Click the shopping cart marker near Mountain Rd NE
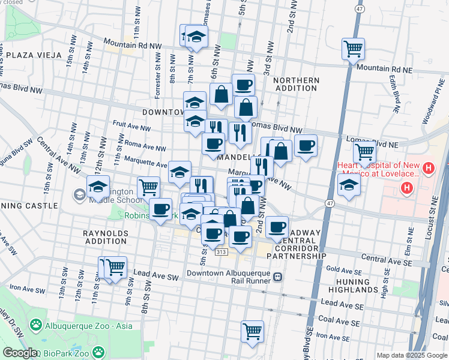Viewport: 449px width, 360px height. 354,48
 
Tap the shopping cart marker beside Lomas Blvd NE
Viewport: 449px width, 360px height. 364,153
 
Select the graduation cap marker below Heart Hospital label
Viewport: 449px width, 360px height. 349,185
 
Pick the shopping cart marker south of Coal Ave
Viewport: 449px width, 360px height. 253,331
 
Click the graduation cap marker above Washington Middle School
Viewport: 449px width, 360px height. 98,187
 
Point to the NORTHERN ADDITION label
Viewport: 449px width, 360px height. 296,84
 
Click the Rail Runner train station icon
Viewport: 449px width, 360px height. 277,276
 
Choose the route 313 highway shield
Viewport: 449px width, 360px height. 221,253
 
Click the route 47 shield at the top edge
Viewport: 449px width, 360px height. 358,10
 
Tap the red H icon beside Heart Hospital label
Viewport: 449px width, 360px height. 429,167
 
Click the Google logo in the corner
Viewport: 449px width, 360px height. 19,353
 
